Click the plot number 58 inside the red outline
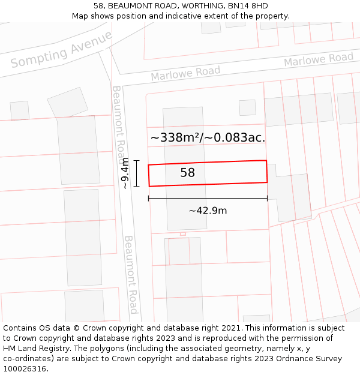[188, 173]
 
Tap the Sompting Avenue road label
[61, 50]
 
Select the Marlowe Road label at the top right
[319, 59]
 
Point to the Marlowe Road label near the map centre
[185, 73]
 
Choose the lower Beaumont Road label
[131, 274]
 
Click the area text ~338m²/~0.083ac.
[208, 137]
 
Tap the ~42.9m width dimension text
[208, 211]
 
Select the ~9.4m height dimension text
[125, 173]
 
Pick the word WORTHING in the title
[203, 6]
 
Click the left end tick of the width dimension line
[149, 199]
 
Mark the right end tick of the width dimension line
[267, 199]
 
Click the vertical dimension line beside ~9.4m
[137, 173]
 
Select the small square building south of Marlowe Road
[247, 107]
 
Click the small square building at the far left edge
[20, 110]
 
